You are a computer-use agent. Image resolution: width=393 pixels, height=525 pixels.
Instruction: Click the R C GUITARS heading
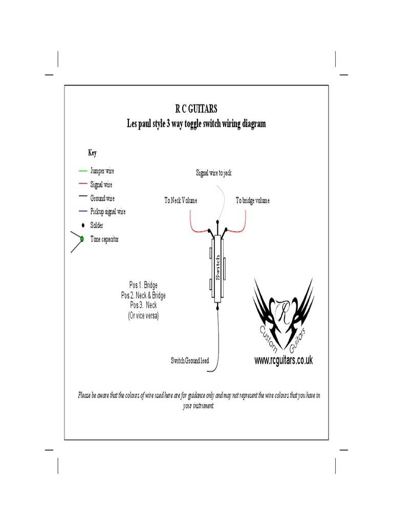click(x=196, y=109)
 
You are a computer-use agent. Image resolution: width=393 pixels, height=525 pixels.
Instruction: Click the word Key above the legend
click(x=92, y=153)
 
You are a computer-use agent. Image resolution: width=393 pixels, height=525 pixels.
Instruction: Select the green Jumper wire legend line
click(x=82, y=170)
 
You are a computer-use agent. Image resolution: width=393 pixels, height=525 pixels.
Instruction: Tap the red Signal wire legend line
click(x=82, y=184)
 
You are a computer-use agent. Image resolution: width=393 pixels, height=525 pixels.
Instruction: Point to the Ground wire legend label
click(x=102, y=198)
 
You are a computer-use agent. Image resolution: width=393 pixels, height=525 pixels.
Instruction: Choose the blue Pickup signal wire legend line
click(x=82, y=211)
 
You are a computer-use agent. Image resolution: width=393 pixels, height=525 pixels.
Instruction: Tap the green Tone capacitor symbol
click(x=82, y=239)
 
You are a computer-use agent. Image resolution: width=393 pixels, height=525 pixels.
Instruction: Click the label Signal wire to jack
click(x=214, y=173)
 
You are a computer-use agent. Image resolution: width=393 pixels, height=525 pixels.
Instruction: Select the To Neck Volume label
click(x=181, y=200)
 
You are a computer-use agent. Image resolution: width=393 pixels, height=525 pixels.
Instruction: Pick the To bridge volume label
click(x=253, y=200)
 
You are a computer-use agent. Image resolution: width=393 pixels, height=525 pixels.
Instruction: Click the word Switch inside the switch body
click(x=218, y=267)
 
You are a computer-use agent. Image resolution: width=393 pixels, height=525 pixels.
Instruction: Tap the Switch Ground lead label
click(x=190, y=361)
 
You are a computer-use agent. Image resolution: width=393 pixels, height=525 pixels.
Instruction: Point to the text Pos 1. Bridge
click(x=143, y=285)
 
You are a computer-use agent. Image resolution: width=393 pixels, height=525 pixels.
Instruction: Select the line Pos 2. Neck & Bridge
click(x=143, y=295)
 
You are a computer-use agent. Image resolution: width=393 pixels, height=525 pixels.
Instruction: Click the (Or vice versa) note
click(x=143, y=316)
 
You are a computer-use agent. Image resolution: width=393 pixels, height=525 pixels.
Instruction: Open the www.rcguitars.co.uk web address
click(x=283, y=361)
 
